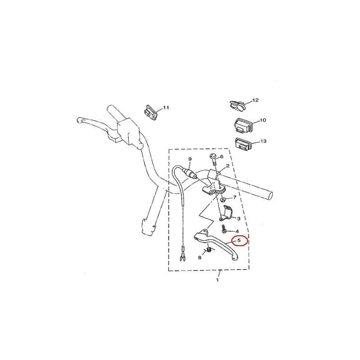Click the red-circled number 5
[239, 240]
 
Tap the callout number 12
[255, 100]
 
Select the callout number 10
[263, 120]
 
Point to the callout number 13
[263, 141]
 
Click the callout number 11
[166, 108]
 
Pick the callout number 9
[189, 159]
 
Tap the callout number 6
[221, 157]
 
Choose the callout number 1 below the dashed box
[217, 280]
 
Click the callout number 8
[199, 257]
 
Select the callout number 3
[238, 219]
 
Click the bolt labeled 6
[213, 159]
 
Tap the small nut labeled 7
[222, 199]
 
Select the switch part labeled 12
[238, 106]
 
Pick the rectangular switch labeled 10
[243, 125]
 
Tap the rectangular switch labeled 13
[243, 144]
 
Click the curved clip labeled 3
[226, 212]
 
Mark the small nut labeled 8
[209, 249]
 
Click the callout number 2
[228, 166]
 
